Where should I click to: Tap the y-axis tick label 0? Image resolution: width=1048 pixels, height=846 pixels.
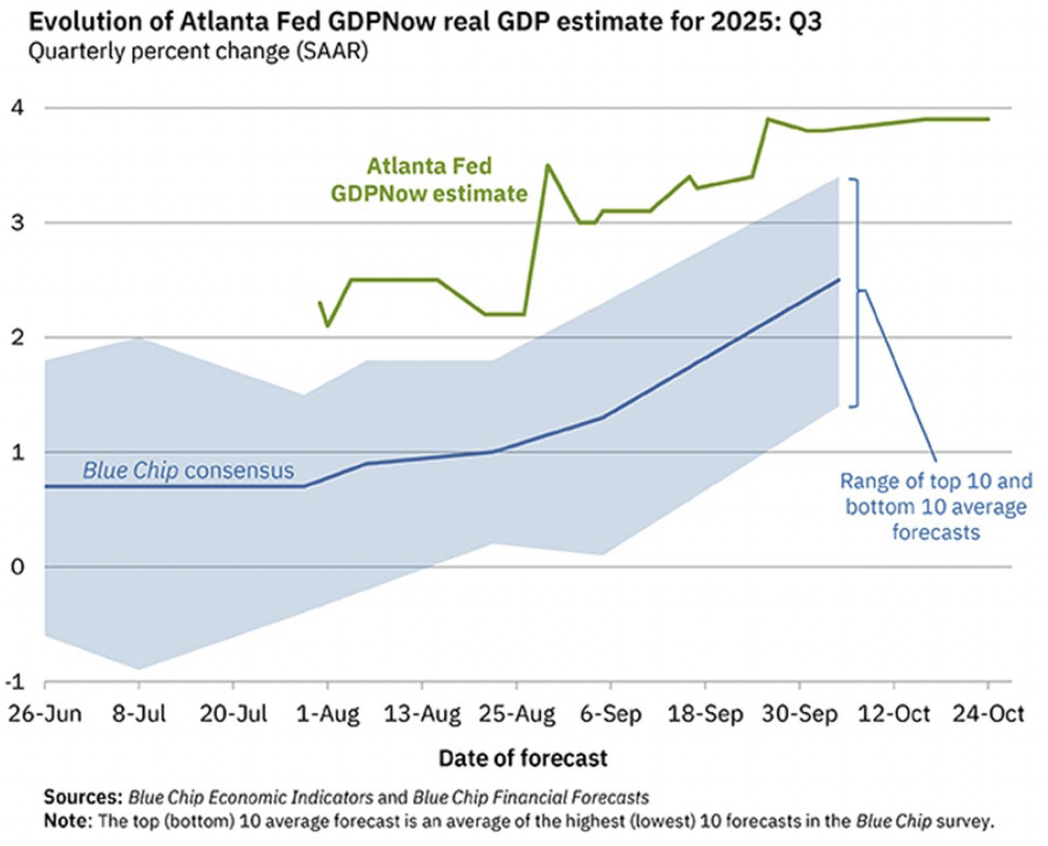(x=19, y=566)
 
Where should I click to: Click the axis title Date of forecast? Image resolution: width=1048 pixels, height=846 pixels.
(x=523, y=757)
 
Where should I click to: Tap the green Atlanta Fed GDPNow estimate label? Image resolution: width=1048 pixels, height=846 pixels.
(x=429, y=181)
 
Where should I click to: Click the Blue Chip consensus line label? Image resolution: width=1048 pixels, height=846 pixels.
(x=188, y=470)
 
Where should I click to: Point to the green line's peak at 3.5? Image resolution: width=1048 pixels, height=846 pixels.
(x=547, y=165)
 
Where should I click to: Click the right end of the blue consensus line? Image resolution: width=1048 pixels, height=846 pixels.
(x=839, y=280)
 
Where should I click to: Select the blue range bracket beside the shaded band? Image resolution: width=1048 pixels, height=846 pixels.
(x=856, y=291)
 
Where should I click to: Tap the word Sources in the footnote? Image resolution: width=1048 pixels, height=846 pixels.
(x=81, y=797)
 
